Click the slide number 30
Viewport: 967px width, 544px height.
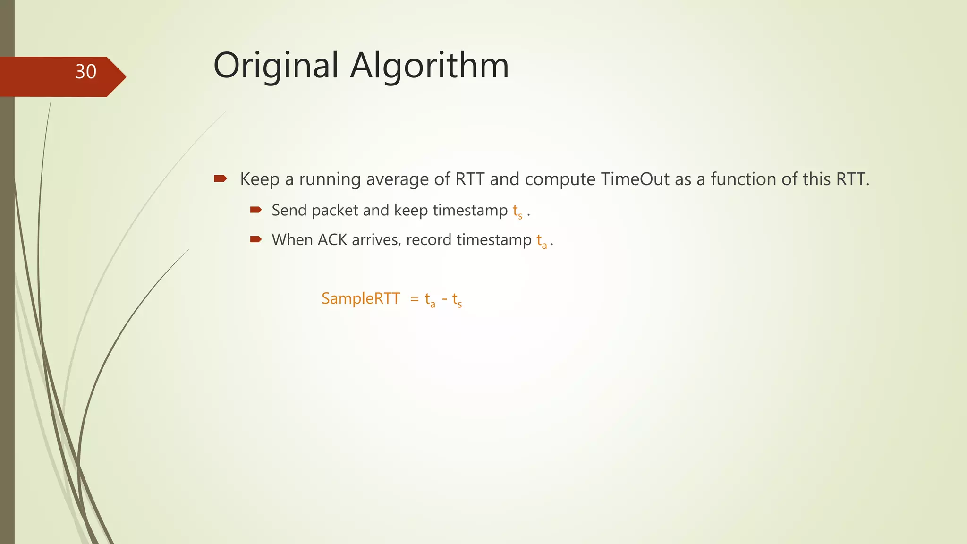tap(86, 72)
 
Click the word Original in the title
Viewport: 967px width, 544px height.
tap(276, 66)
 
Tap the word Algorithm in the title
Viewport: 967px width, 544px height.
tap(429, 66)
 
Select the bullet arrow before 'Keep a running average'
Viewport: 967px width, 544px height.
tap(221, 178)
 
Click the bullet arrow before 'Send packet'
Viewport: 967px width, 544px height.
tap(256, 210)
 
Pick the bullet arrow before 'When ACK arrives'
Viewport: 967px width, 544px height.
tap(256, 239)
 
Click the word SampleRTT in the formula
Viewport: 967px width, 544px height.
tap(361, 298)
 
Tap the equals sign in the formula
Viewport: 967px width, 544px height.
tap(415, 299)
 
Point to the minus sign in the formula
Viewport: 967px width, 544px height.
tap(444, 299)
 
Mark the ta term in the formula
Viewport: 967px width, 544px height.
tap(430, 300)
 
